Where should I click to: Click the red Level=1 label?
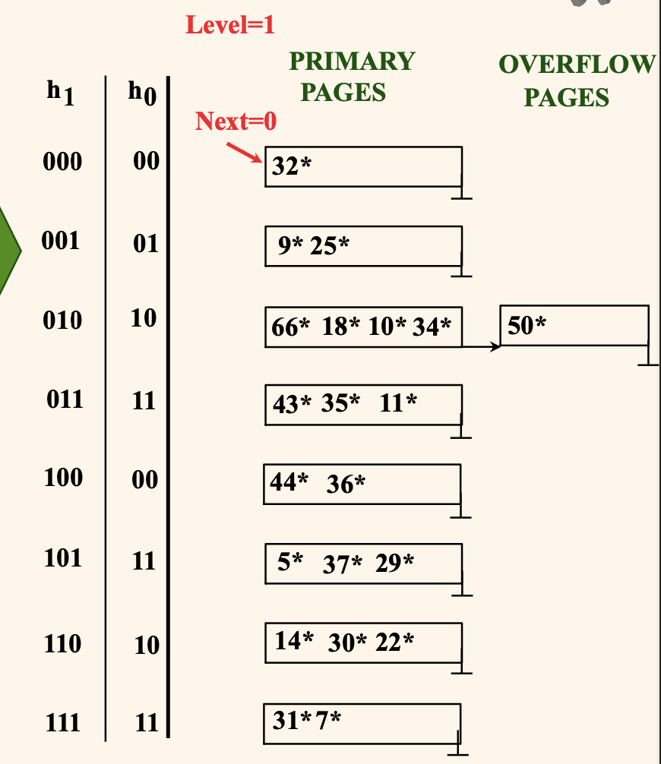230,25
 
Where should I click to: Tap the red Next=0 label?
236,121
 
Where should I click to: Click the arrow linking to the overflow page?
482,347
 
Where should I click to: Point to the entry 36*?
346,484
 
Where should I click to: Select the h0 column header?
141,94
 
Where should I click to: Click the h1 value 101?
62,558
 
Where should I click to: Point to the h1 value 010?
62,320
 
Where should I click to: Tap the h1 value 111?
62,722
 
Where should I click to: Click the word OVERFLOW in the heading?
576,65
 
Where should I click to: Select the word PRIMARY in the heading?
353,61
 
